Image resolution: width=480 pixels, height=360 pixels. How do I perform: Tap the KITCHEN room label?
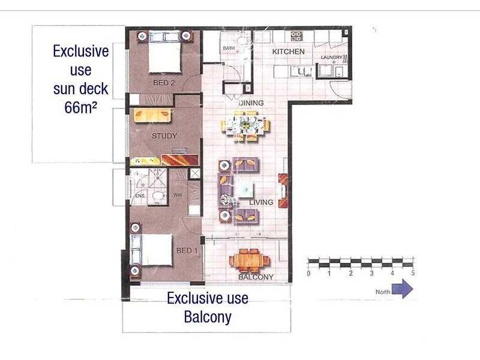(289, 52)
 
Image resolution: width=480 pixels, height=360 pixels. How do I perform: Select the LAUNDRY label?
(332, 57)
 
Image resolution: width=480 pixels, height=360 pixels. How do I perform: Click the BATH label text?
(229, 48)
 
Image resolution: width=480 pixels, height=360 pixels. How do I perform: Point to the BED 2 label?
(163, 83)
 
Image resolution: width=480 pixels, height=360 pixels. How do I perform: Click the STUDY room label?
(164, 136)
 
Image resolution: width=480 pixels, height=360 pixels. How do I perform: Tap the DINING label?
(251, 103)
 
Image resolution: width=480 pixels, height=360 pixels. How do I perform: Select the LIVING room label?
(261, 202)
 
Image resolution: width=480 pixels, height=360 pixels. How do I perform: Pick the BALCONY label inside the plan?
(256, 277)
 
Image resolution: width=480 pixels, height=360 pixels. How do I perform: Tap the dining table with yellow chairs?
(245, 125)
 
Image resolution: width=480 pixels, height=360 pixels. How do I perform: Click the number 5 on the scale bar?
(413, 273)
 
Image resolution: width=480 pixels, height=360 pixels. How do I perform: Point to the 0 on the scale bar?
(308, 273)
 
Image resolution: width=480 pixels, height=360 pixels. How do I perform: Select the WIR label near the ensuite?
(178, 195)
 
